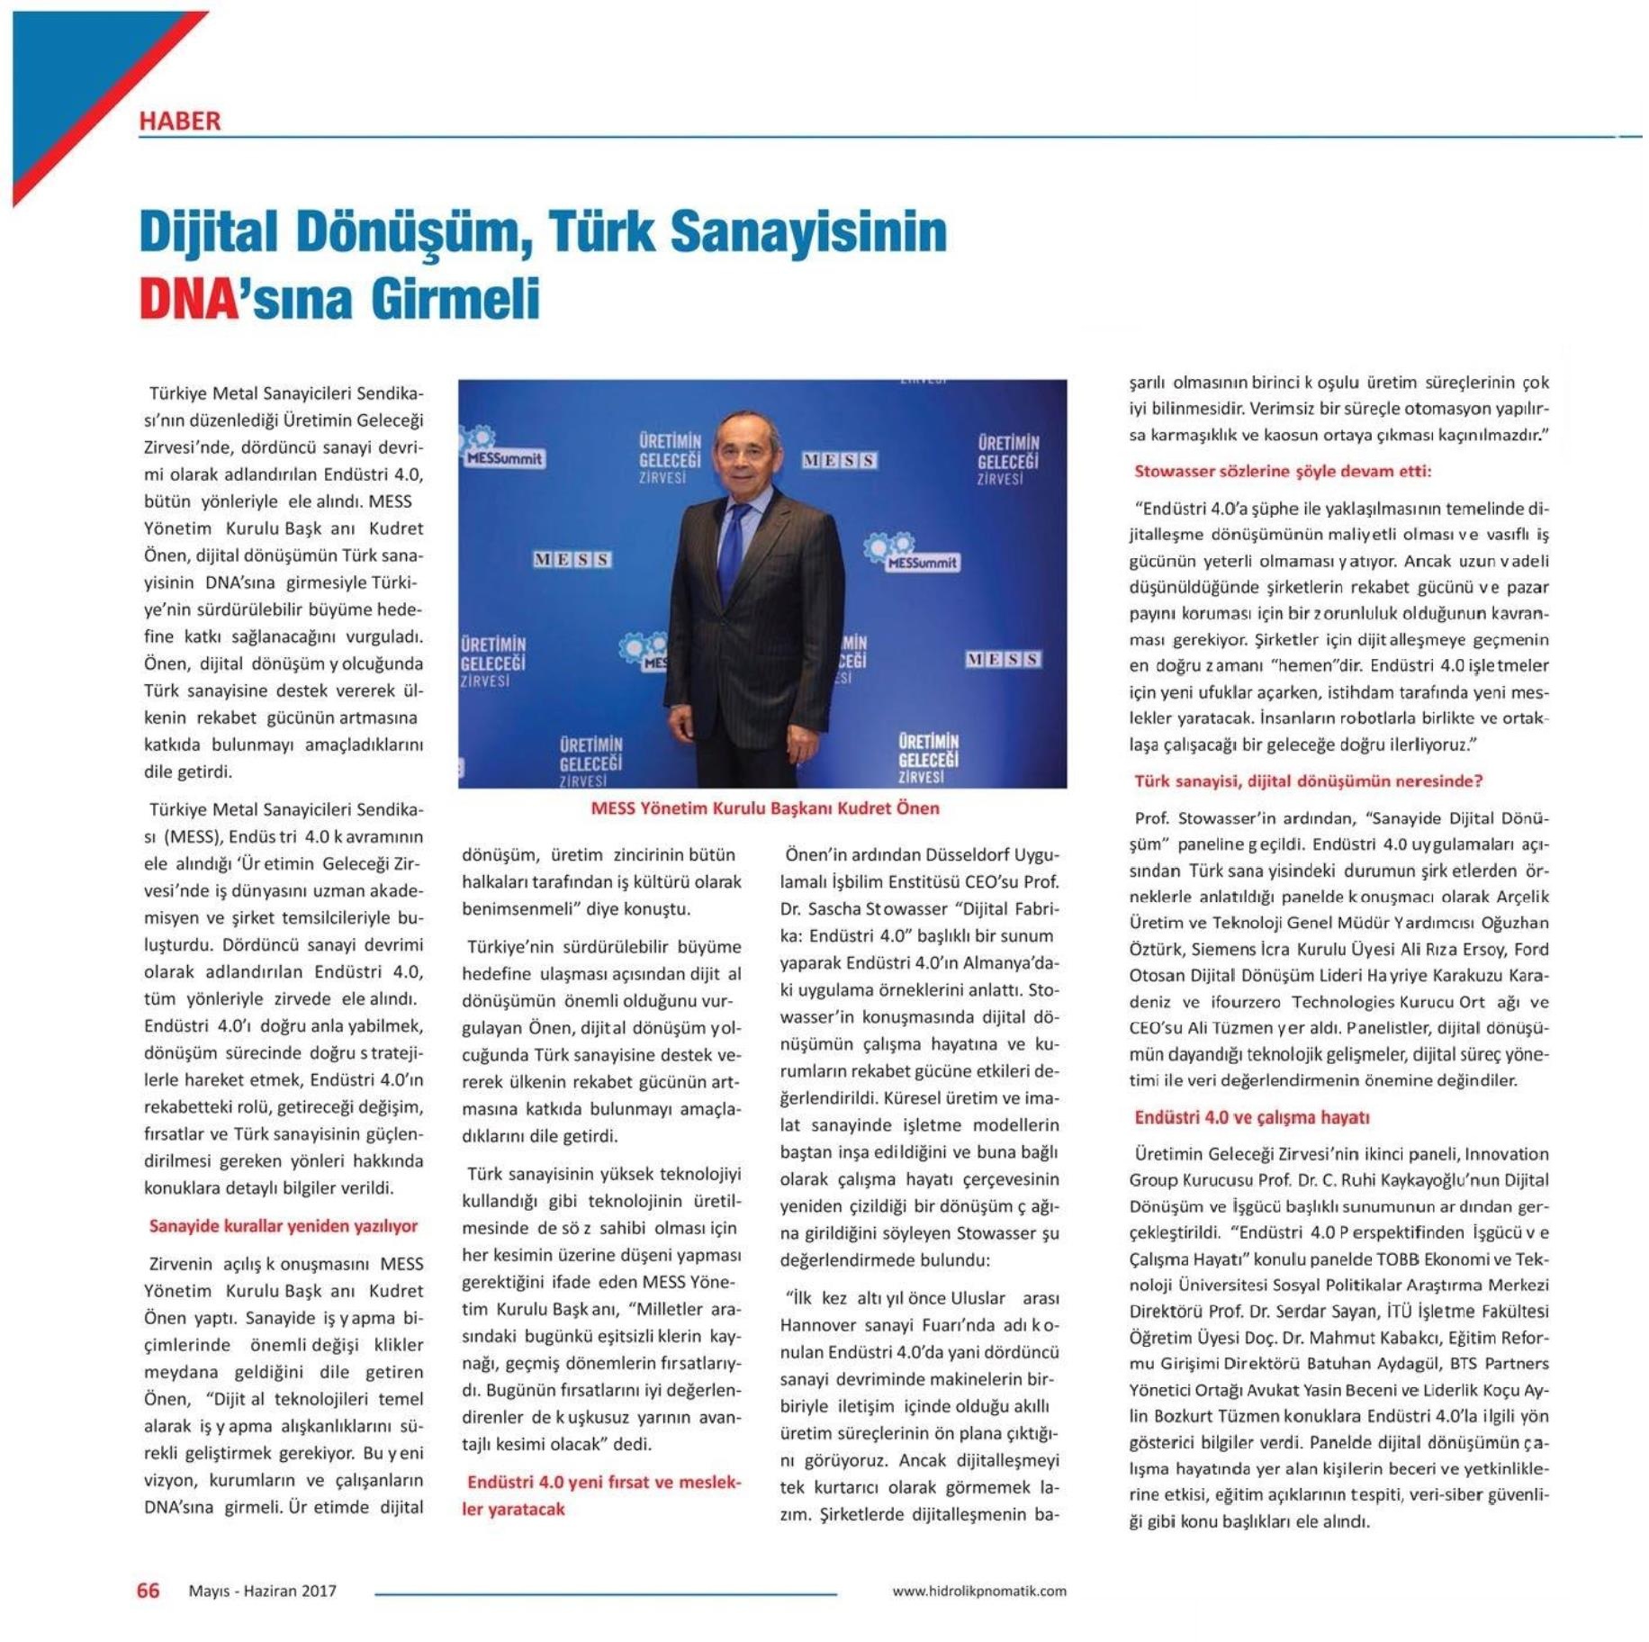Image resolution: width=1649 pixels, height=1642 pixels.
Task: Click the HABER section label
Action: click(179, 121)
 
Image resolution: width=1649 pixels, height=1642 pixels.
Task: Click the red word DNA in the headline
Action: click(187, 299)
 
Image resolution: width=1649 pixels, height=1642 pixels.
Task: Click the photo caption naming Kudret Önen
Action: click(764, 808)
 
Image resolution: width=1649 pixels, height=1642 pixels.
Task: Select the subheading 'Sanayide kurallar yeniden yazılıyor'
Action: click(283, 1226)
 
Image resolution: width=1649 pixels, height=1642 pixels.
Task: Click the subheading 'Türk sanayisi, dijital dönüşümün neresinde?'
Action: click(1308, 781)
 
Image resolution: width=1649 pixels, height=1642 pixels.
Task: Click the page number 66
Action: click(148, 1591)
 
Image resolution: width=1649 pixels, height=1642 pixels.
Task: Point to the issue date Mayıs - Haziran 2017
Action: click(262, 1592)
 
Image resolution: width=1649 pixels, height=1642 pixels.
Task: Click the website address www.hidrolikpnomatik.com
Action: click(978, 1592)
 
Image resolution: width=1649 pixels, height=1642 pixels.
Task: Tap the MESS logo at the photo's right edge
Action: click(1003, 659)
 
